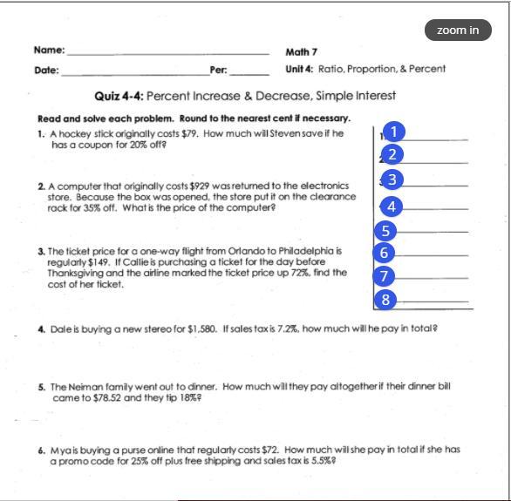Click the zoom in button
458,30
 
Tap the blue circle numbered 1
393,132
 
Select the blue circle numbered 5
385,231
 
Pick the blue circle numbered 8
385,300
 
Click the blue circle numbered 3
392,179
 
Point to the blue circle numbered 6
384,253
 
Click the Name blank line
168,54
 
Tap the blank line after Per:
249,75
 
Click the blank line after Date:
135,75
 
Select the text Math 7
301,52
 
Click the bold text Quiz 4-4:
119,96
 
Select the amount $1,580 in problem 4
201,328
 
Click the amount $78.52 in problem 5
107,398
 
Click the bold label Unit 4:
299,69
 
